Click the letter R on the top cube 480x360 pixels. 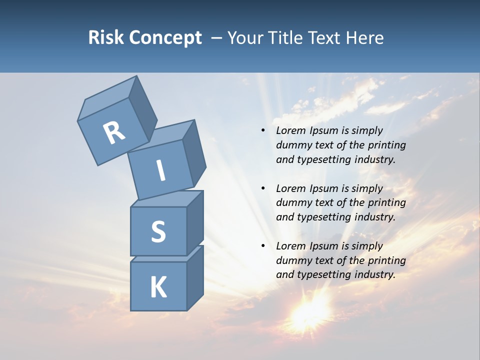pos(114,133)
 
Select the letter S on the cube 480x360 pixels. pos(158,231)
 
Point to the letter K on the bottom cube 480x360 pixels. pos(158,287)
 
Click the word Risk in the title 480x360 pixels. pos(106,37)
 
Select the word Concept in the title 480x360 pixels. pos(165,37)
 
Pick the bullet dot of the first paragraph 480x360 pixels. pos(263,130)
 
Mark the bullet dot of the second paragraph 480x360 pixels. pos(263,188)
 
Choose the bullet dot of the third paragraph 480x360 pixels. pos(263,246)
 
